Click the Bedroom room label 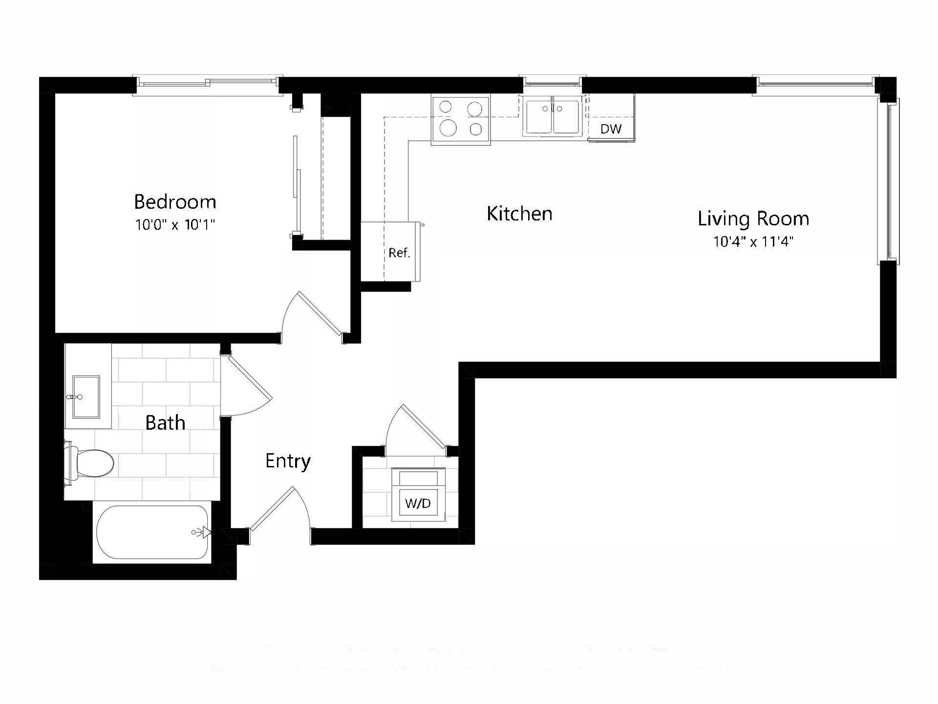coord(175,202)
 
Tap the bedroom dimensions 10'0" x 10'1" coord(175,225)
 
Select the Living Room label coord(753,219)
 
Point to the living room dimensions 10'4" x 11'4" coord(753,242)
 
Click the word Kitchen coord(519,214)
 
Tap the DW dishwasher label coord(611,129)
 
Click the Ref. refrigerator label coord(399,253)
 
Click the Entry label coord(288,461)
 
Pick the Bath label coord(165,423)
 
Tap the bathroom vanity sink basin coord(86,397)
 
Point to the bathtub coord(151,532)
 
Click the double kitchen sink coord(553,117)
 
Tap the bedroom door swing coord(313,315)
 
